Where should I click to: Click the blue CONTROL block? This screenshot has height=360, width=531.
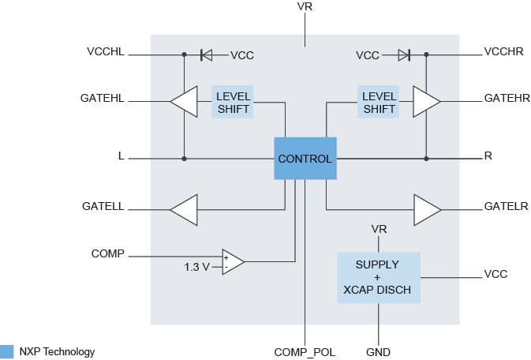[x=305, y=159]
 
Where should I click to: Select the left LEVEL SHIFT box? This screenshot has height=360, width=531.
[x=233, y=103]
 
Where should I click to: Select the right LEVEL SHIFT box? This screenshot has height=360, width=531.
[x=379, y=103]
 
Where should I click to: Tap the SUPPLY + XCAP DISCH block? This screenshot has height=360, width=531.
[x=378, y=277]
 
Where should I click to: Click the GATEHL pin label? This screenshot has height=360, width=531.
[x=102, y=99]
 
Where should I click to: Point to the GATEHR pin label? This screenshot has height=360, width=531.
[x=507, y=99]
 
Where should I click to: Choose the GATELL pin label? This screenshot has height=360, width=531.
[x=103, y=207]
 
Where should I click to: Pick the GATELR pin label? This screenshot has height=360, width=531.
[x=506, y=207]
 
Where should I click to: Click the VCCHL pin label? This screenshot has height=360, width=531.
[x=105, y=52]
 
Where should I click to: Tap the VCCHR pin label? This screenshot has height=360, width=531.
[x=505, y=52]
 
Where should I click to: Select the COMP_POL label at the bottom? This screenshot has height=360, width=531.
[x=305, y=352]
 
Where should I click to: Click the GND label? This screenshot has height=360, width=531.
[x=378, y=352]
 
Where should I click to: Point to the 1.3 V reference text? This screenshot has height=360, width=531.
[x=196, y=267]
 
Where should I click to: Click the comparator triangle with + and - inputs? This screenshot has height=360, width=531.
[x=232, y=261]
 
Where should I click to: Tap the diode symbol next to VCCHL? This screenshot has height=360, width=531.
[x=206, y=55]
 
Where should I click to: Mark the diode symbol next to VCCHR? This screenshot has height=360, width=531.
[x=404, y=55]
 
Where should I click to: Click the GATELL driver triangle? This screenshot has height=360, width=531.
[x=183, y=209]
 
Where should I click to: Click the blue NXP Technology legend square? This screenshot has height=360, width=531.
[x=7, y=351]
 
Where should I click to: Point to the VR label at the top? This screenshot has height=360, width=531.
[x=305, y=7]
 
